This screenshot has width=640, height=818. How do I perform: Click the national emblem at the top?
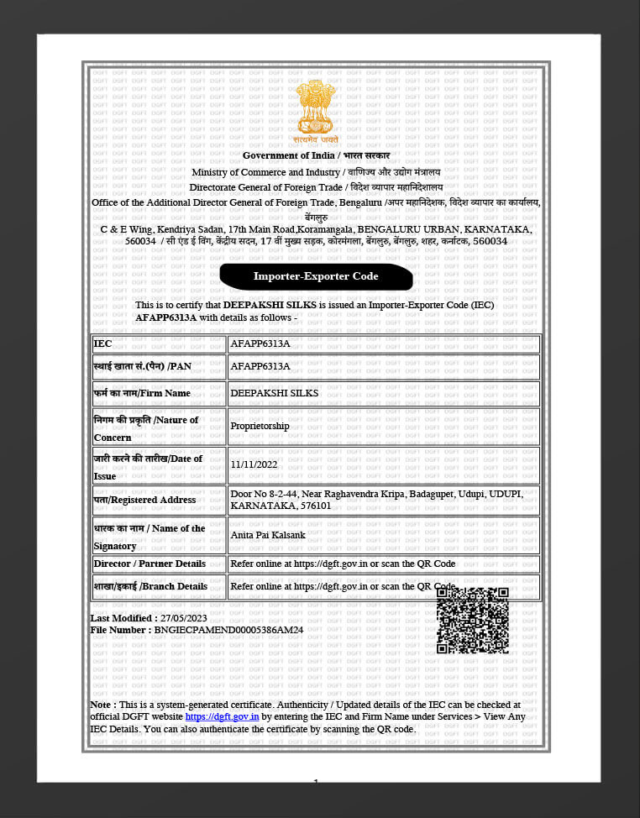pyautogui.click(x=316, y=109)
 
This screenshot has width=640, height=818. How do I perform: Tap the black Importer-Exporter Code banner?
pyautogui.click(x=316, y=276)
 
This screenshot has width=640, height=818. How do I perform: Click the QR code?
pyautogui.click(x=472, y=621)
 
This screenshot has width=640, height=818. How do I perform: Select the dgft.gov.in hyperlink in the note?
pyautogui.click(x=222, y=717)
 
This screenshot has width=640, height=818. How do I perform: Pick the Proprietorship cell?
pyautogui.click(x=260, y=426)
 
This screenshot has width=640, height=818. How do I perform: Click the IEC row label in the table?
pyautogui.click(x=102, y=344)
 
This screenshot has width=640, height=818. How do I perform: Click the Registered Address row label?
pyautogui.click(x=144, y=500)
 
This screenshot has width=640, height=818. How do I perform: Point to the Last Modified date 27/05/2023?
pyautogui.click(x=183, y=618)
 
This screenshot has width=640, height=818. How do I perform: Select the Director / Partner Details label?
pyautogui.click(x=150, y=564)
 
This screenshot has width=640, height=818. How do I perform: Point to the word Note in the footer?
pyautogui.click(x=102, y=705)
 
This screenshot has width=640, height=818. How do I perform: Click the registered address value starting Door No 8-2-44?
pyautogui.click(x=376, y=500)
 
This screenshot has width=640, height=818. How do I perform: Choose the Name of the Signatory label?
pyautogui.click(x=150, y=537)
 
